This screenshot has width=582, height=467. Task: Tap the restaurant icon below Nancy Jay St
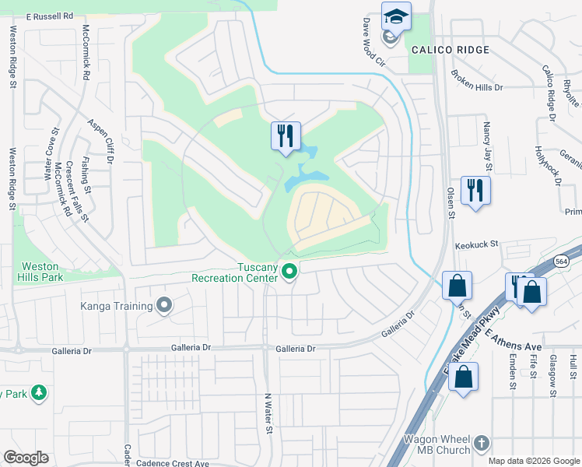point(475,190)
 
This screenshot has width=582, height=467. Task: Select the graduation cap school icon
point(395,16)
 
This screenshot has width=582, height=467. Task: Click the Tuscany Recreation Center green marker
point(290,272)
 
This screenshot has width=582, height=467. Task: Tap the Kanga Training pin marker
point(163,306)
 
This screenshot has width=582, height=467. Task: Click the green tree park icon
point(37,393)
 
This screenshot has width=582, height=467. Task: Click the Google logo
point(26,457)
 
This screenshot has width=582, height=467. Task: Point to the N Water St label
point(269,413)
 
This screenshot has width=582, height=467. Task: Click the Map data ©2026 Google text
point(532,461)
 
